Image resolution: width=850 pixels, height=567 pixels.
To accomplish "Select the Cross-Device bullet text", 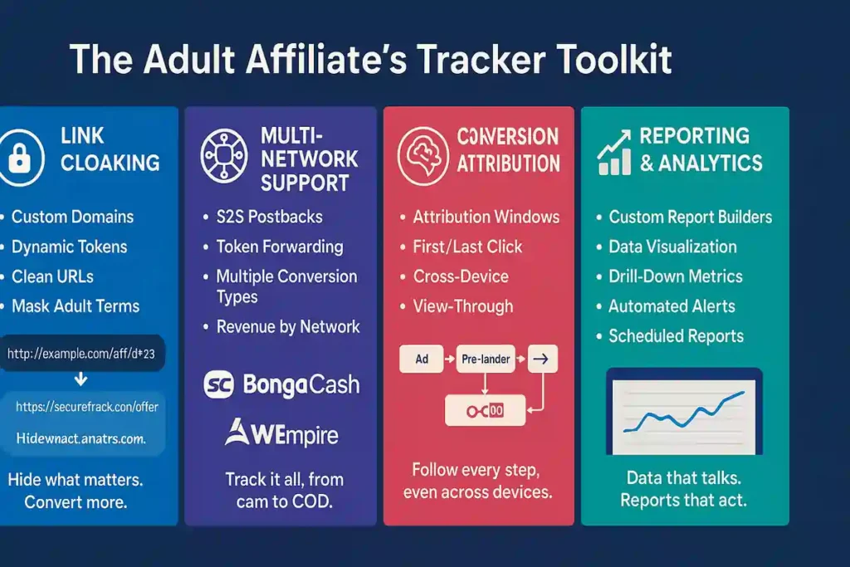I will [461, 276].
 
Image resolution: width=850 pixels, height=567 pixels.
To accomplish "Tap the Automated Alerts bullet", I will [672, 306].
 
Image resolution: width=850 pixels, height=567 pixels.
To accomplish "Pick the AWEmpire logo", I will [281, 433].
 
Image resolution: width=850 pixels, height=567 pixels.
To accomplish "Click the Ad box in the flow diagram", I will [423, 359].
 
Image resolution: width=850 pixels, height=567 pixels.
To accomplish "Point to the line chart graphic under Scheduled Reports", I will [683, 414].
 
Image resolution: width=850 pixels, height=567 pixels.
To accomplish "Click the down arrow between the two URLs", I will [81, 380].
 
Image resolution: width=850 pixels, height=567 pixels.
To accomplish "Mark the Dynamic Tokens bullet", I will [69, 247].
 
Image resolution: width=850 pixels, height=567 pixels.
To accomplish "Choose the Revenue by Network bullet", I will [288, 326].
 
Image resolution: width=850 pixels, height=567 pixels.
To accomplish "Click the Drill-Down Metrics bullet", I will [675, 276].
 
